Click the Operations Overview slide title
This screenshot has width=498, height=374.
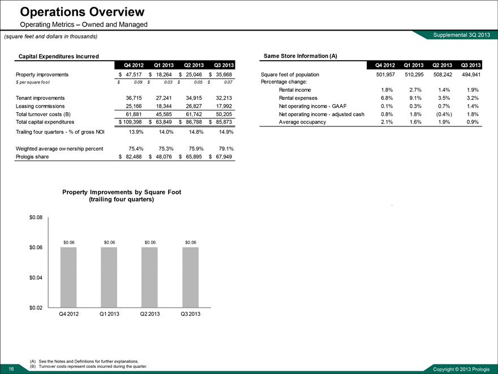coord(82,11)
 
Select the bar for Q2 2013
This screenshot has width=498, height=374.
coord(150,278)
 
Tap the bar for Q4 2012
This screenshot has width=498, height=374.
coord(68,278)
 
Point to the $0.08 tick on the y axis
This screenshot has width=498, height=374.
coord(36,217)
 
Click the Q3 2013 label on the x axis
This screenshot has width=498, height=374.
coord(191,314)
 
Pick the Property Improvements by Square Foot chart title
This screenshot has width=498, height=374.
coord(122,195)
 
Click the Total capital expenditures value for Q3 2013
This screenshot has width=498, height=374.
coord(221,122)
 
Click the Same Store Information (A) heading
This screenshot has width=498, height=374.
coord(300,56)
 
